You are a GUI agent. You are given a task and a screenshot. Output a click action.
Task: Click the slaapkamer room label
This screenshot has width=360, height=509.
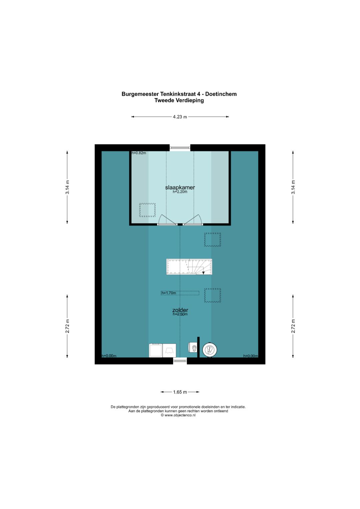coord(180,187)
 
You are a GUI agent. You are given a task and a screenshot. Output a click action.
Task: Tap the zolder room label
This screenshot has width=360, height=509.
coord(180,310)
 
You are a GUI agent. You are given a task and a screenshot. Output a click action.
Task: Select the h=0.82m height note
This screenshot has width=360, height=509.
coord(139,153)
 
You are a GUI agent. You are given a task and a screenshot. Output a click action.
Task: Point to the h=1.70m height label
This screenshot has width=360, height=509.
coord(169,293)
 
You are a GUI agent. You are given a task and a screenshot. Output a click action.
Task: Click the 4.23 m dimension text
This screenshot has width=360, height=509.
coord(180,117)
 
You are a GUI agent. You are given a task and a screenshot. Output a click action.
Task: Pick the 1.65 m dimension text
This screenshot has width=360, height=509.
coord(180,392)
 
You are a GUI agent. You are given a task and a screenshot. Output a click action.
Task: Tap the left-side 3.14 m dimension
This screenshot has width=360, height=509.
coord(67,187)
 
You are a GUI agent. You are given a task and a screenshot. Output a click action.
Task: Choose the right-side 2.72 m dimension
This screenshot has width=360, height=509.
coord(293,326)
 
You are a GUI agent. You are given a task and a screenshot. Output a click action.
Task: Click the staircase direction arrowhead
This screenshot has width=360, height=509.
coord(203,273)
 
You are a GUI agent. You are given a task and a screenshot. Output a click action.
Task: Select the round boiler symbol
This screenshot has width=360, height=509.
coord(209,350)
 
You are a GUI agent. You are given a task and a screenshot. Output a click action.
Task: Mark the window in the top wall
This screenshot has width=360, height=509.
coord(180,148)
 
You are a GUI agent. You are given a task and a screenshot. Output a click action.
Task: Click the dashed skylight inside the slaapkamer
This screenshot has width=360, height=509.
coord(147,210)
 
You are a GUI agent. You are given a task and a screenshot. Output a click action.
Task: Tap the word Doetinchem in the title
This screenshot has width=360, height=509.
coord(221,94)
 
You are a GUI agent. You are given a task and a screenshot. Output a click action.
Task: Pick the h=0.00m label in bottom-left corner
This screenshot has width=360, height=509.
coord(109,356)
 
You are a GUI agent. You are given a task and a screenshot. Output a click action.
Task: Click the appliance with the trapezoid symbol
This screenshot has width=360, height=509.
coord(169,350)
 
